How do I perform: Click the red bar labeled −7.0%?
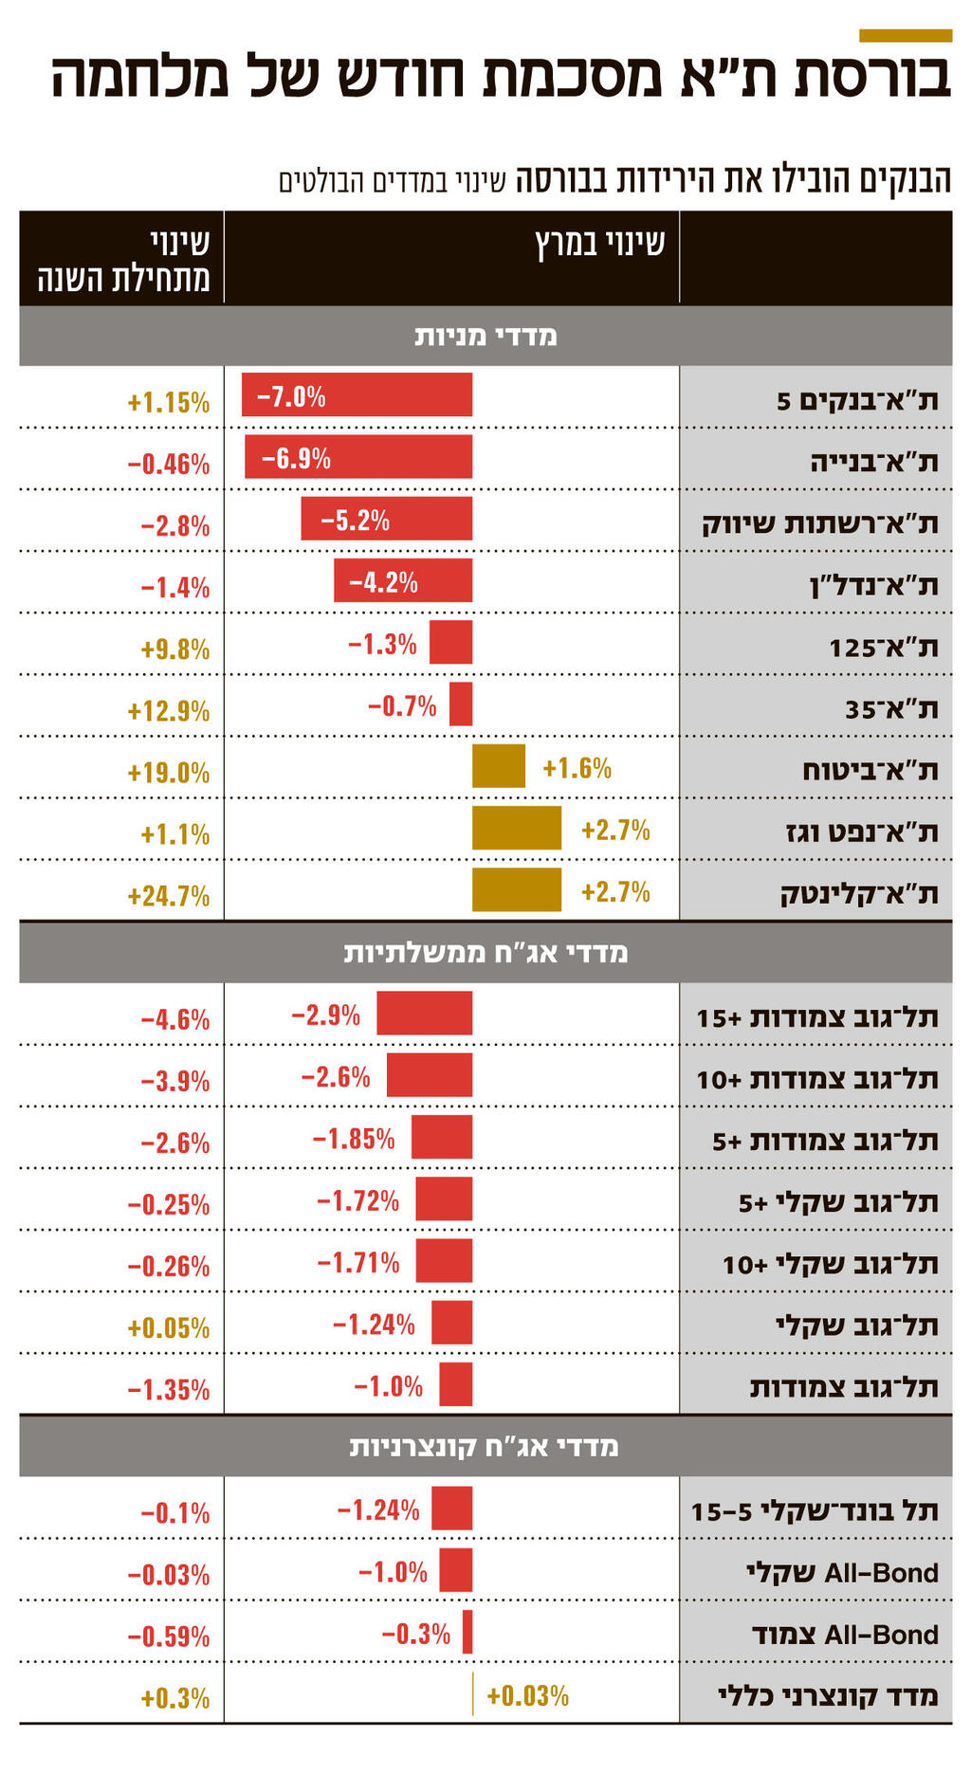coord(357,394)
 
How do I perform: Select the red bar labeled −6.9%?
coord(358,457)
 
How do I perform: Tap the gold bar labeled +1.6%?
coord(499,766)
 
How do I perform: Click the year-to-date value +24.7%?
coord(169,896)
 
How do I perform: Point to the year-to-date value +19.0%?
coord(169,773)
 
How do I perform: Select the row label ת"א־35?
coord(891,709)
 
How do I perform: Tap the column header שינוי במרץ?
coord(600,245)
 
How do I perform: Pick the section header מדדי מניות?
coord(485,337)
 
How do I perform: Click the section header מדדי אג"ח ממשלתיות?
coord(485,953)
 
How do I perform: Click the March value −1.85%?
coord(354,1139)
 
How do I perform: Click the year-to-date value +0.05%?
coord(169,1328)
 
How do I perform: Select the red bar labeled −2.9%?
coord(424,1013)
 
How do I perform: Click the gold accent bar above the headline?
coord(905,36)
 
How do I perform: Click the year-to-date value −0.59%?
coord(169,1637)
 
